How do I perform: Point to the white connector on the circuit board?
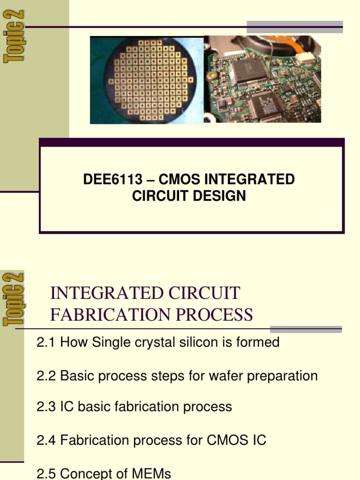point(304,58)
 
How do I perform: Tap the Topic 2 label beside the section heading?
point(14,300)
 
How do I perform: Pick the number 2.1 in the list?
point(46,343)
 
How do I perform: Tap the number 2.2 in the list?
point(46,376)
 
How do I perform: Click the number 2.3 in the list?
point(46,407)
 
